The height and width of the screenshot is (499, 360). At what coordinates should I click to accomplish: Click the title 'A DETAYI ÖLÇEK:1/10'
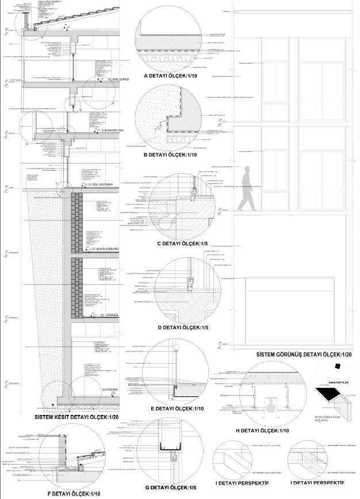(170, 76)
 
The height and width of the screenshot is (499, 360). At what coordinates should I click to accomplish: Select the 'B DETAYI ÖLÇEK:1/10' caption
(170, 155)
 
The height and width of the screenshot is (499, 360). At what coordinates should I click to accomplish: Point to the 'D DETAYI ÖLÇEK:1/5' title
(170, 327)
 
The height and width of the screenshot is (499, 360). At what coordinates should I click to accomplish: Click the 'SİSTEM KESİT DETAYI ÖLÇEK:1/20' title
(77, 417)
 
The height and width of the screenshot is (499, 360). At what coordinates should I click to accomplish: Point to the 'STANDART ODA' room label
(113, 132)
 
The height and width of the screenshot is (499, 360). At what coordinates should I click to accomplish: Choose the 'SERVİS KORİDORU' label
(107, 249)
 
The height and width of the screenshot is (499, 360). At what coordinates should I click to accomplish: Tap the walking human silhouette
(247, 190)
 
